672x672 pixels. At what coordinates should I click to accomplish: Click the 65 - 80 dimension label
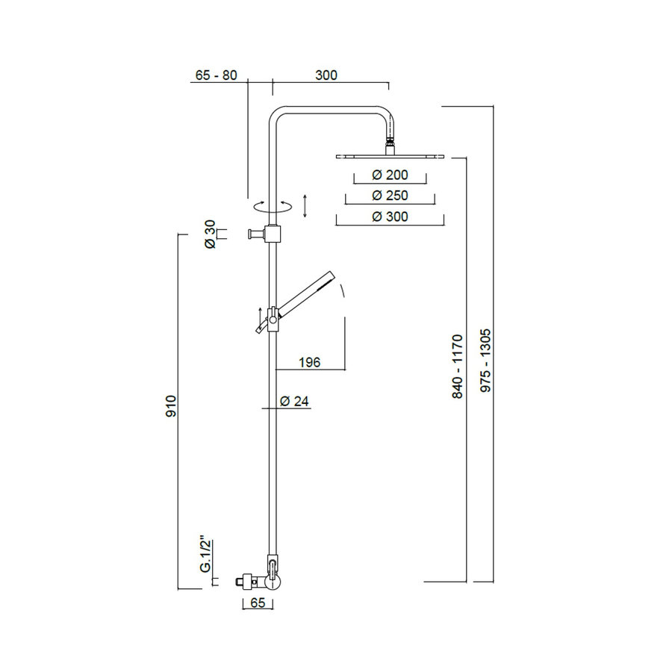(x=216, y=75)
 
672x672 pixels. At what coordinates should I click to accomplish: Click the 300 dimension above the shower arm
(x=326, y=75)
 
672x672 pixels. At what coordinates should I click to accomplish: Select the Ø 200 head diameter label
(x=389, y=175)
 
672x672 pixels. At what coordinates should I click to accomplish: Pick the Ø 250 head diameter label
(x=389, y=195)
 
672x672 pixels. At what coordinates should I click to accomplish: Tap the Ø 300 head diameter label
(x=389, y=216)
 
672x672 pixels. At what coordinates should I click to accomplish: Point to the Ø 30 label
(x=211, y=234)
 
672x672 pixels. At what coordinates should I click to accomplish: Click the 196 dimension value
(x=309, y=362)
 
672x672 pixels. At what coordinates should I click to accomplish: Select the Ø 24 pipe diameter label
(x=294, y=401)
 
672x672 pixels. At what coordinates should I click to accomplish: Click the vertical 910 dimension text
(x=170, y=405)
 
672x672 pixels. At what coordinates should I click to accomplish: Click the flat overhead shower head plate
(x=390, y=156)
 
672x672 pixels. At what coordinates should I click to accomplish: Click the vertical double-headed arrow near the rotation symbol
(x=305, y=205)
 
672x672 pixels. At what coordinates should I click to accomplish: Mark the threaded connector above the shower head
(x=389, y=142)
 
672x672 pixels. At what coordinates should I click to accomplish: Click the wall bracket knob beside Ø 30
(x=256, y=234)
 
